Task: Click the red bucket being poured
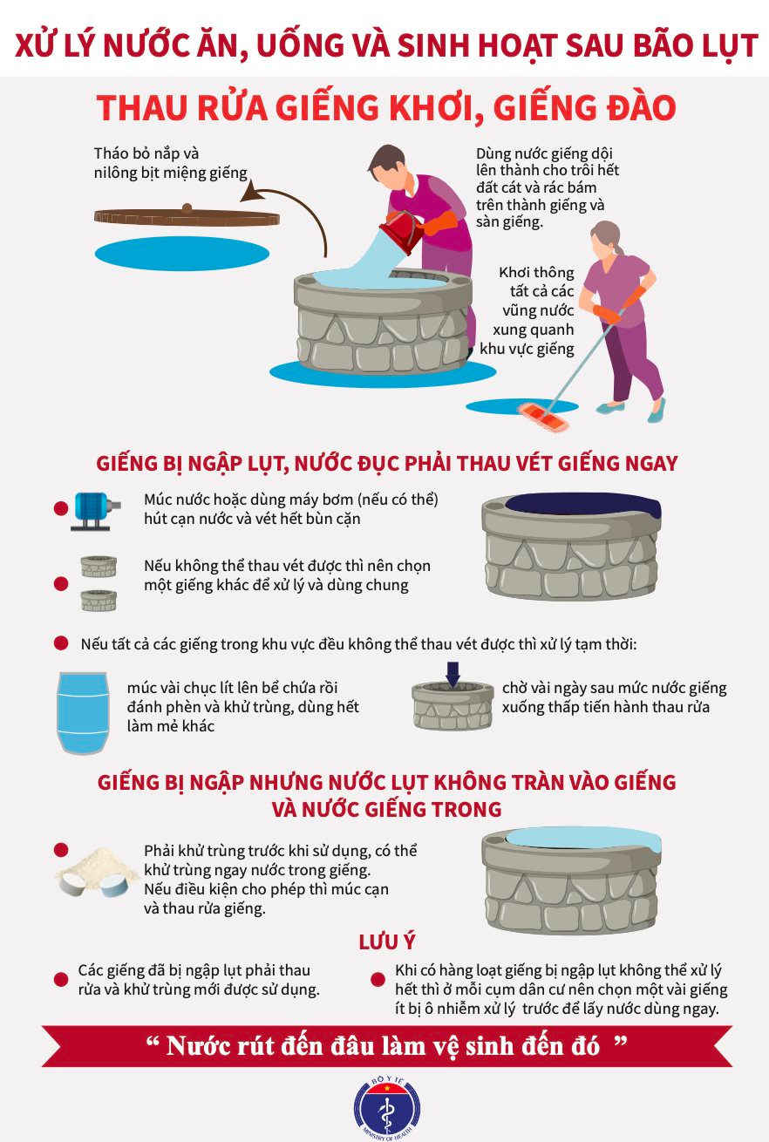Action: tap(403, 233)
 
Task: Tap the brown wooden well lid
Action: tap(187, 217)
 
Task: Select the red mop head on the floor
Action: tap(543, 417)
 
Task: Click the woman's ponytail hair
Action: tap(619, 248)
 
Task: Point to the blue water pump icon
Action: tap(95, 511)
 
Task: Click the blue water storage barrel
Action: tap(83, 713)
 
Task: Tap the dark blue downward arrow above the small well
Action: tap(453, 674)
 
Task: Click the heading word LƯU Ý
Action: tap(387, 942)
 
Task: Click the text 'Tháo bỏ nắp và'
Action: tap(146, 153)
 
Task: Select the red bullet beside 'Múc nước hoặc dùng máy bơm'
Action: tap(61, 508)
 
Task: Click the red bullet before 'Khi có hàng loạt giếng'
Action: tap(378, 979)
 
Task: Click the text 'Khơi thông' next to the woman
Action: tap(536, 272)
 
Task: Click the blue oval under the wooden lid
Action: tap(182, 253)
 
